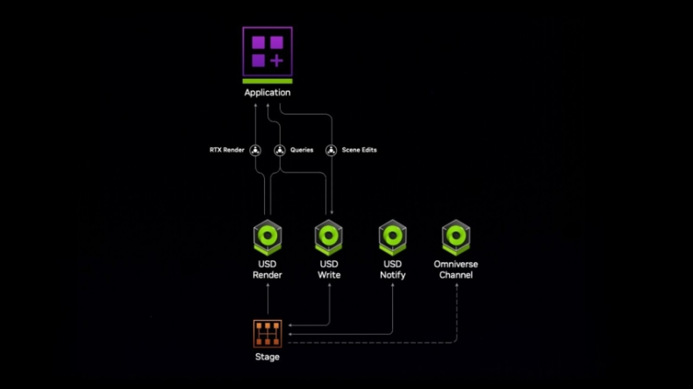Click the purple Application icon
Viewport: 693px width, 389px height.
coord(268,51)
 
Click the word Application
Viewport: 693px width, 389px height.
coord(268,92)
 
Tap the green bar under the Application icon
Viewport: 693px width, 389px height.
coord(268,81)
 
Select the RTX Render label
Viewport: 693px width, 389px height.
coord(227,150)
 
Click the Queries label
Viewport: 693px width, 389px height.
coord(302,150)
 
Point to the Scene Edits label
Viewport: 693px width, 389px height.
coord(359,150)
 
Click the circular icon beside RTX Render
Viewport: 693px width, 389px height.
coord(256,150)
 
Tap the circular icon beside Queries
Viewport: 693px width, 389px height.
coord(280,150)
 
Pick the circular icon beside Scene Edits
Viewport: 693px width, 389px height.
coord(331,150)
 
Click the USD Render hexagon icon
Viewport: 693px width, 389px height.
coord(267,237)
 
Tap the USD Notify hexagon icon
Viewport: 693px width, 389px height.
coord(392,237)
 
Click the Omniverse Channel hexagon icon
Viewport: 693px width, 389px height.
coord(456,237)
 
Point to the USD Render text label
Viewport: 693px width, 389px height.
coord(267,269)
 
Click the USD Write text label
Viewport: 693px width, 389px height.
coord(329,269)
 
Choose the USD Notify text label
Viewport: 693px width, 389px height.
coord(392,269)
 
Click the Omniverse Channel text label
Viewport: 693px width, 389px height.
coord(456,269)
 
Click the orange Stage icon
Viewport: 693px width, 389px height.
coord(268,333)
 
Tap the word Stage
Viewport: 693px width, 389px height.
coord(268,357)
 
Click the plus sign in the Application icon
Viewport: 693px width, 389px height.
coord(276,60)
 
